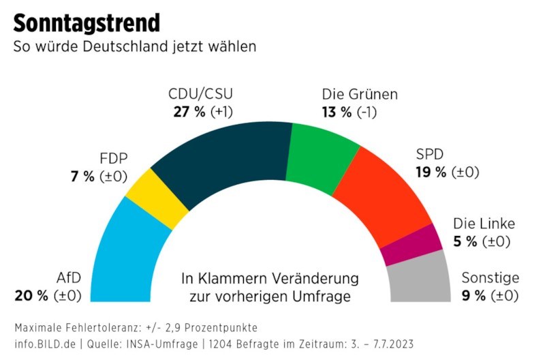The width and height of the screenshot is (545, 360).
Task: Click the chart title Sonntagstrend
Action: click(x=87, y=22)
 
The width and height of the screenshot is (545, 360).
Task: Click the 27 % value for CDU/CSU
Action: click(x=189, y=112)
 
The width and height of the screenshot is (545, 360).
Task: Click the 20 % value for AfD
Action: click(x=31, y=296)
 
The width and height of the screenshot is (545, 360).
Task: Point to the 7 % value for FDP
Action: click(x=83, y=177)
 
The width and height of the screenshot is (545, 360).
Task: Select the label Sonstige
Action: click(x=490, y=278)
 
